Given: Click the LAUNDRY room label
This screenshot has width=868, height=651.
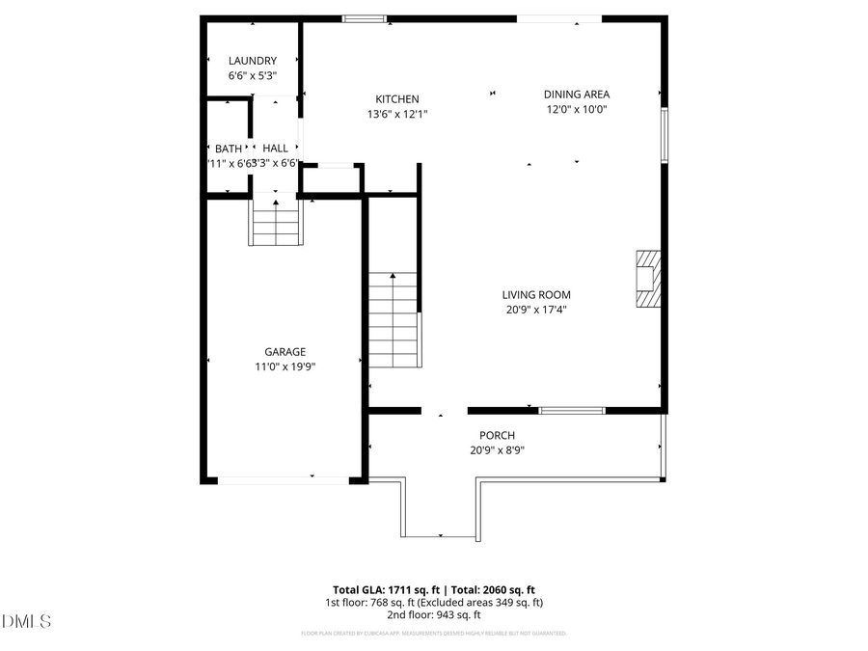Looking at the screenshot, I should click(253, 61).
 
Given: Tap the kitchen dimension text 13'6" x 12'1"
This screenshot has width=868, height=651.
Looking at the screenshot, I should click(396, 114).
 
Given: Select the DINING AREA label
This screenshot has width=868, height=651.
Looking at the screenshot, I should click(576, 95).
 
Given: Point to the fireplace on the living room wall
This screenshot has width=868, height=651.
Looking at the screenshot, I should click(649, 279).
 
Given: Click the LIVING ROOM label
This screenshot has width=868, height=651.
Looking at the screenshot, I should click(535, 295).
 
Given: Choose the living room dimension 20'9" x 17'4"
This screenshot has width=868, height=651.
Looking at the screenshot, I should click(535, 310).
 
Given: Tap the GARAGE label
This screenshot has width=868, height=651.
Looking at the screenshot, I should click(285, 352).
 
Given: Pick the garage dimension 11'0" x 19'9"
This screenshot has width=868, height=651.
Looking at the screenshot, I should click(285, 366).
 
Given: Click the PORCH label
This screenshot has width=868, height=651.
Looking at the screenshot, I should click(497, 435).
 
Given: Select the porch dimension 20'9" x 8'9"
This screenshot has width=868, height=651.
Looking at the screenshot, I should click(497, 449).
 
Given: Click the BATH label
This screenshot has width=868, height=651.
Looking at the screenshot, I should click(229, 149).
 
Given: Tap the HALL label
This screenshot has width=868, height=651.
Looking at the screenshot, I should click(276, 149).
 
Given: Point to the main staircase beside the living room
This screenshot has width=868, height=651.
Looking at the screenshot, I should click(393, 319).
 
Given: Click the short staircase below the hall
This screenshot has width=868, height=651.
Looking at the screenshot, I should click(275, 221).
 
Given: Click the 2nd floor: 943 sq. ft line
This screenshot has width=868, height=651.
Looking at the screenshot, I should click(433, 615).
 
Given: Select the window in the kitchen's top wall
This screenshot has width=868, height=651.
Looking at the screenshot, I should click(365, 18).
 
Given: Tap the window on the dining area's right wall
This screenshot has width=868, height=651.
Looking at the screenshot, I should click(664, 135).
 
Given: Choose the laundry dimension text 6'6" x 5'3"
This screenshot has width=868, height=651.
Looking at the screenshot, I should click(253, 75).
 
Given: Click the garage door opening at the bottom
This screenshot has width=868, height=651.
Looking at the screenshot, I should click(283, 479).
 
